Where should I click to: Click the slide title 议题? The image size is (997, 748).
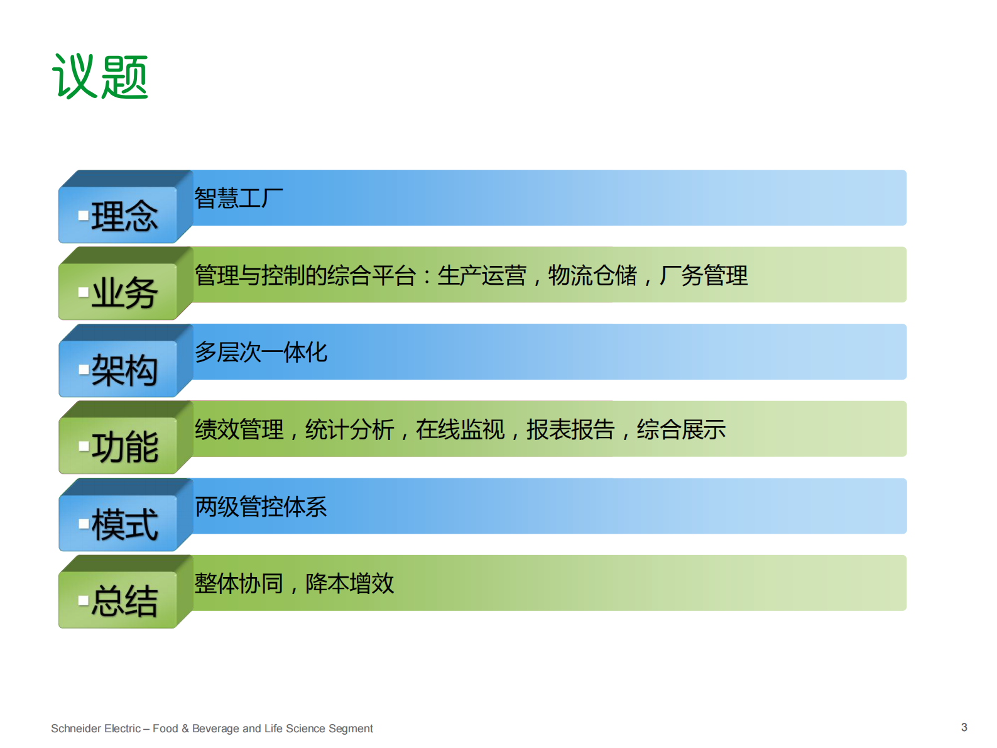[100, 77]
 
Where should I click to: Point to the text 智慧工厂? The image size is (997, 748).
[239, 199]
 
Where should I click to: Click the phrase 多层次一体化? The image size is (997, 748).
[261, 353]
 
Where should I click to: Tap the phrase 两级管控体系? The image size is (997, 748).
[261, 507]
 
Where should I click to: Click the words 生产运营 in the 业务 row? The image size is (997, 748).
[481, 276]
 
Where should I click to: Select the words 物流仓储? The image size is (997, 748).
[592, 276]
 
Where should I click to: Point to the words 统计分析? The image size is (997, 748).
[349, 430]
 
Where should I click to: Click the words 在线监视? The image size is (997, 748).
[460, 430]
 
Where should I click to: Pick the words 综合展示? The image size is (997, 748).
[681, 430]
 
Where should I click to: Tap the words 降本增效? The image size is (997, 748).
[349, 584]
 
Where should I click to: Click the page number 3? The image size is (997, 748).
[964, 727]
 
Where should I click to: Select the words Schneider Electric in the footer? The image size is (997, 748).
[95, 729]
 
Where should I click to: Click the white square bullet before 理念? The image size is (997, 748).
[83, 216]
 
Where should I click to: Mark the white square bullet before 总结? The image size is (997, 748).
[83, 601]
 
